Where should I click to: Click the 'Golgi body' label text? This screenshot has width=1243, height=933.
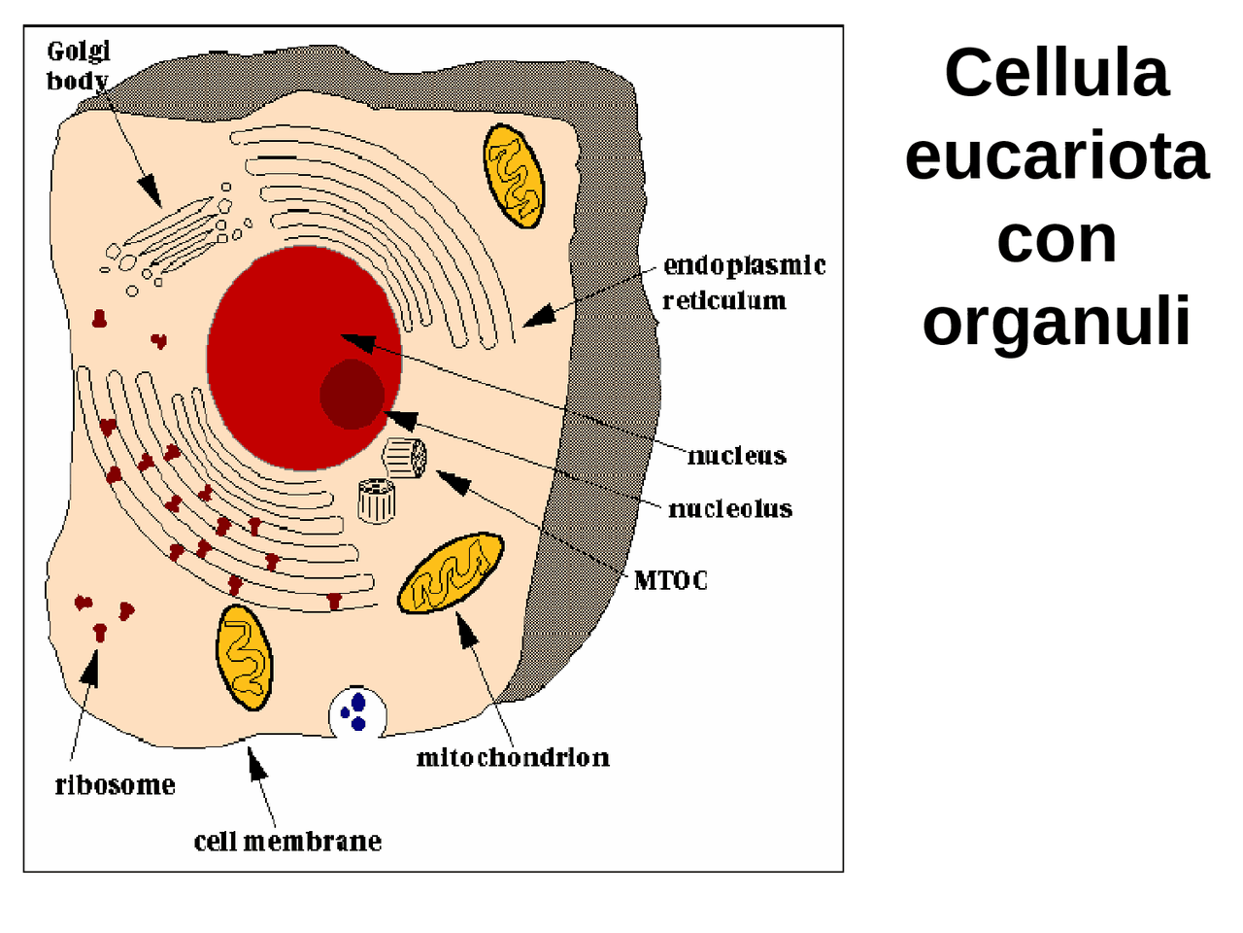pyautogui.click(x=79, y=66)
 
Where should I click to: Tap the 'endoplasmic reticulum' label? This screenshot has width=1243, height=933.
pyautogui.click(x=743, y=283)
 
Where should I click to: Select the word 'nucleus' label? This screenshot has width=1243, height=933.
pyautogui.click(x=736, y=456)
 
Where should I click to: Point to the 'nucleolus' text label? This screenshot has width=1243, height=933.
pyautogui.click(x=730, y=508)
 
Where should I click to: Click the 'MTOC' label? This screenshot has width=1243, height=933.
pyautogui.click(x=670, y=580)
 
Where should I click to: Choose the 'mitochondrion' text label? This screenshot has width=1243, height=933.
pyautogui.click(x=513, y=757)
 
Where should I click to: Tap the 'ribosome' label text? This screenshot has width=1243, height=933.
pyautogui.click(x=115, y=785)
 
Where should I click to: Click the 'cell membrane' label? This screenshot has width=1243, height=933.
pyautogui.click(x=287, y=841)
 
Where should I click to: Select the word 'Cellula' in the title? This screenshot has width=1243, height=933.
pyautogui.click(x=1056, y=73)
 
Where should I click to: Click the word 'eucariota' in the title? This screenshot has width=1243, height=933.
pyautogui.click(x=1056, y=155)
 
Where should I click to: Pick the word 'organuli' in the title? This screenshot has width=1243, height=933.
pyautogui.click(x=1056, y=321)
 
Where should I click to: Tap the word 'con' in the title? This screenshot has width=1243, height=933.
pyautogui.click(x=1056, y=238)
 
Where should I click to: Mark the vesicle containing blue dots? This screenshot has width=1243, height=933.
pyautogui.click(x=357, y=712)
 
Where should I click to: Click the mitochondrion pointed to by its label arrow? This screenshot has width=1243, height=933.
pyautogui.click(x=451, y=573)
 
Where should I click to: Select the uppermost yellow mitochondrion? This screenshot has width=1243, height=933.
pyautogui.click(x=514, y=176)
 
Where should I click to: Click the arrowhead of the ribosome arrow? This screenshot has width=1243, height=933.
pyautogui.click(x=92, y=666)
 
